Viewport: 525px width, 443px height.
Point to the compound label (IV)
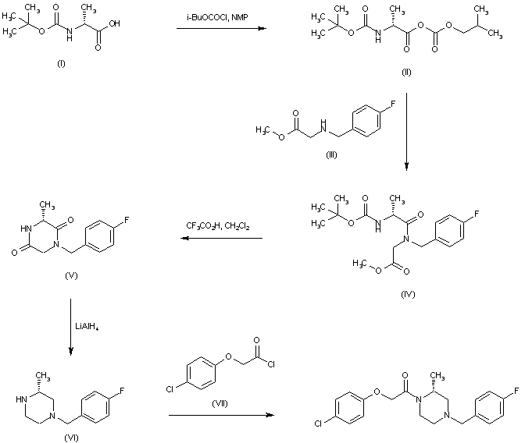406,294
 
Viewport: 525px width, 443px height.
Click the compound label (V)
76,276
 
